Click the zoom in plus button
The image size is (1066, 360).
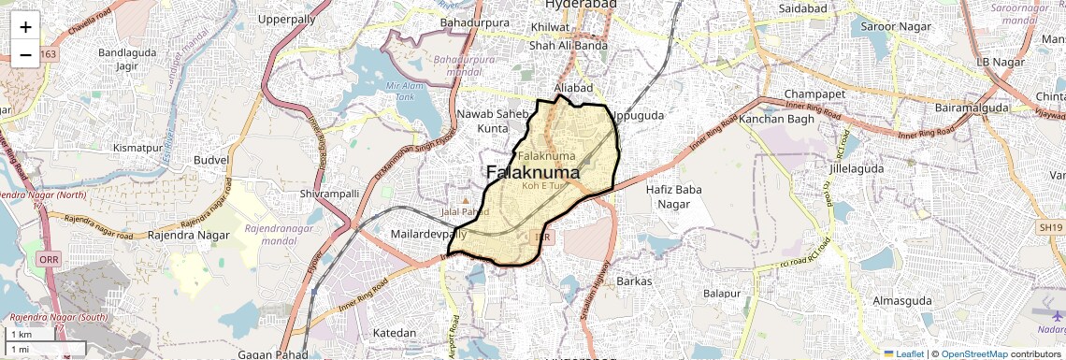coord(25,26)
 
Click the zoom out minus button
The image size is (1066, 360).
coord(25,54)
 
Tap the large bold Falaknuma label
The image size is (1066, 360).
coord(533,173)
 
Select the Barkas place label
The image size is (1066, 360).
coord(634,281)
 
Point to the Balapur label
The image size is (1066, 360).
coord(721,293)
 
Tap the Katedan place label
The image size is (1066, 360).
coord(394,333)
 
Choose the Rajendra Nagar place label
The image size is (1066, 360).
coord(188,235)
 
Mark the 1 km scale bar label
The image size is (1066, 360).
coord(21,335)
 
